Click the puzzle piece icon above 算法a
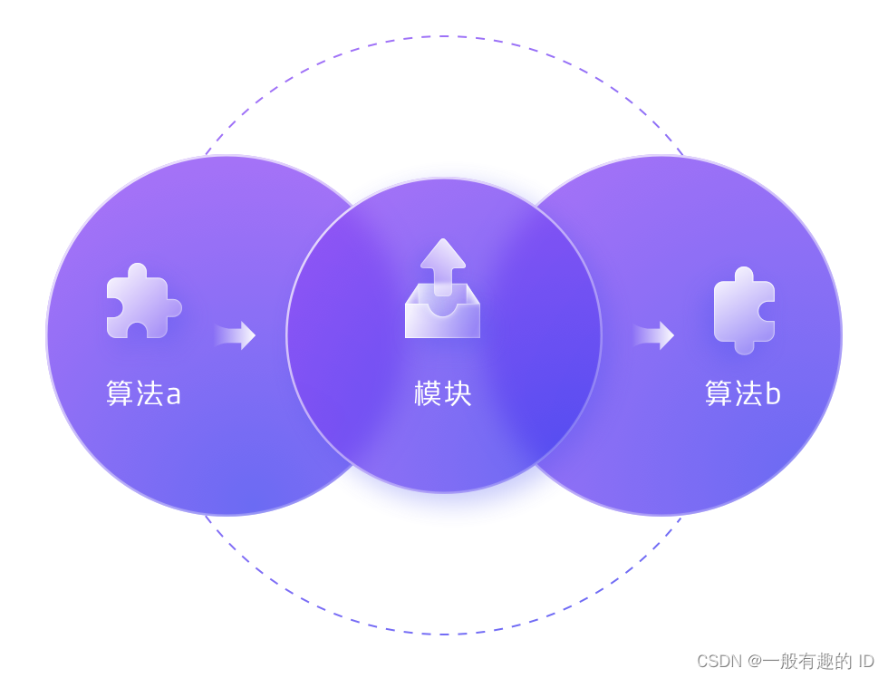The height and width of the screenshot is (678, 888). pos(141,303)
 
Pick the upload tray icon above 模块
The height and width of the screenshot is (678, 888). pos(442,290)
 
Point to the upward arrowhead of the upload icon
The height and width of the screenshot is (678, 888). pos(443,253)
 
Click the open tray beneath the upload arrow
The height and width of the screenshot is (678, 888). pos(442,318)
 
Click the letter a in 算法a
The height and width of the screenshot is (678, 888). pos(173,395)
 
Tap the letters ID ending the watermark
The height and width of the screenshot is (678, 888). pos(864,661)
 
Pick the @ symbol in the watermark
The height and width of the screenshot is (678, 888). pos(755,661)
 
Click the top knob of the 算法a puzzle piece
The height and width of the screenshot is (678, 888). pos(137,270)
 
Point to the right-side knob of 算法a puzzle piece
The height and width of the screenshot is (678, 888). pos(174,308)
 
